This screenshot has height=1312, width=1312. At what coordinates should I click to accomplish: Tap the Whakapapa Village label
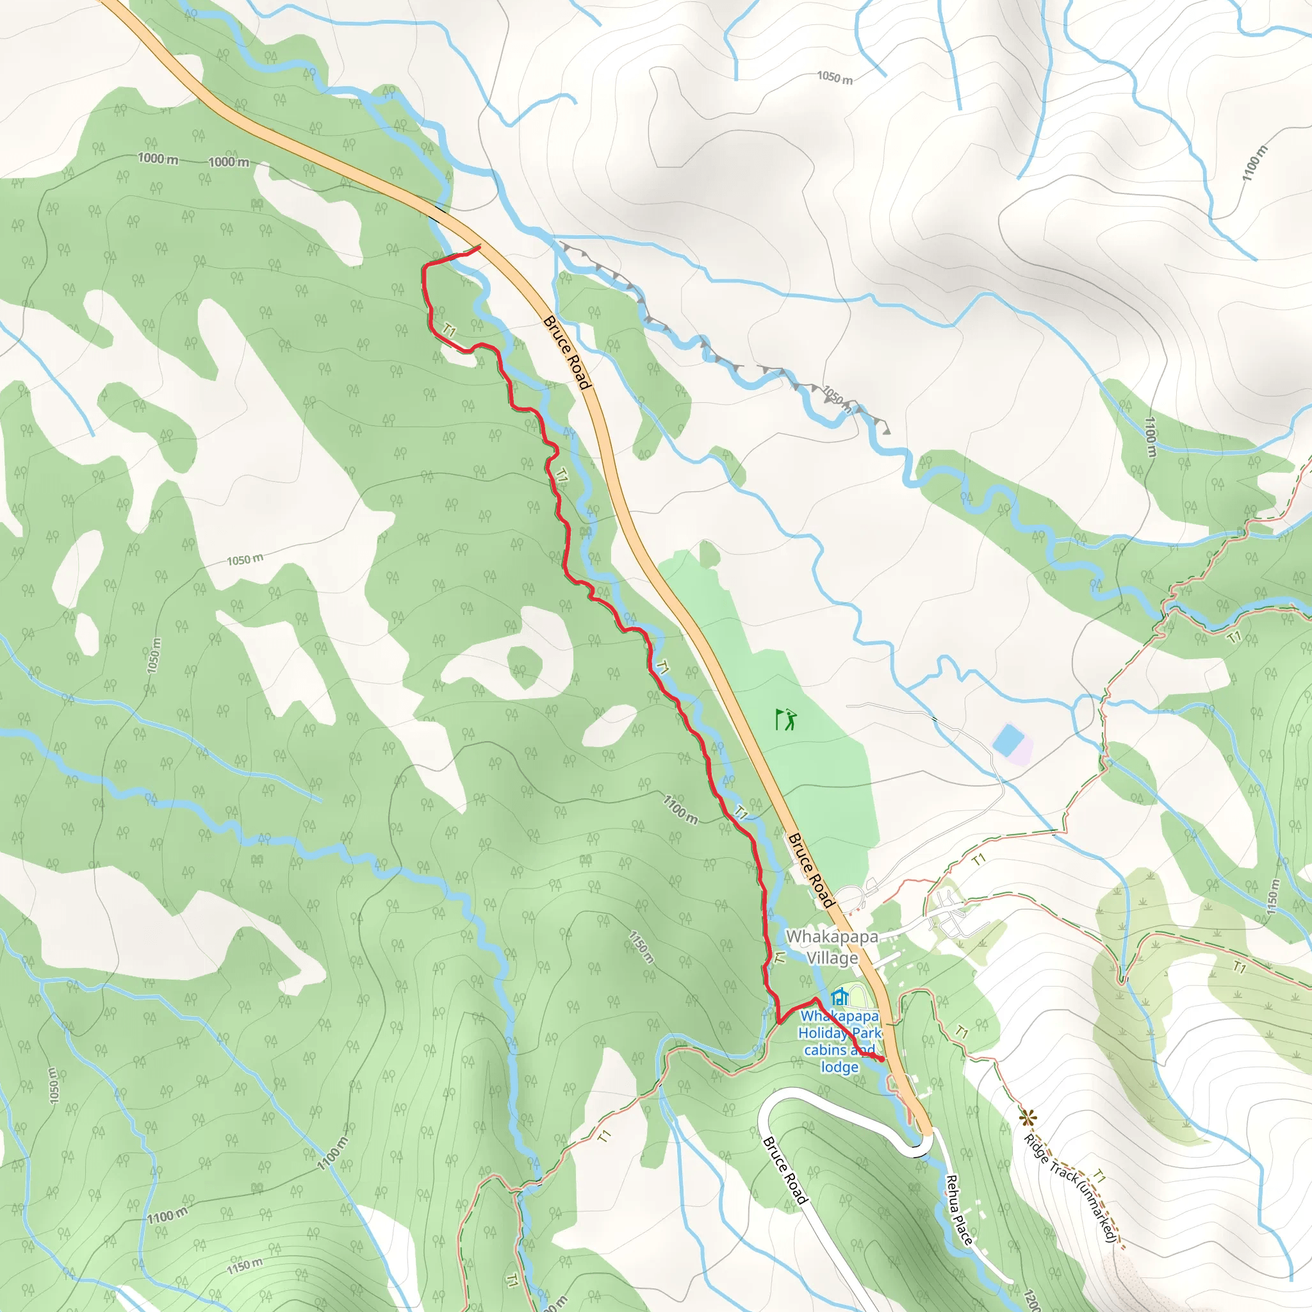click(x=832, y=947)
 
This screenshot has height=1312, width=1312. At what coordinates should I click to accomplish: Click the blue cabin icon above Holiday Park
click(x=840, y=996)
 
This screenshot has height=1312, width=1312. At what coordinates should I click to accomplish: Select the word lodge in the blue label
click(x=839, y=1067)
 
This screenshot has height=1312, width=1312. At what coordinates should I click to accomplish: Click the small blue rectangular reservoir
click(x=1008, y=739)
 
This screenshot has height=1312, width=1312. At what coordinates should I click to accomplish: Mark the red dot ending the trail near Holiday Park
click(x=881, y=1060)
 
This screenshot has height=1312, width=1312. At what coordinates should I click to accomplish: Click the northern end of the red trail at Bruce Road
click(x=479, y=247)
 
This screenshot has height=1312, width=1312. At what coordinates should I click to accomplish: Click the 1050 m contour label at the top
click(x=835, y=78)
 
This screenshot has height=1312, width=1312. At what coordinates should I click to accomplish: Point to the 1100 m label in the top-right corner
click(x=1254, y=163)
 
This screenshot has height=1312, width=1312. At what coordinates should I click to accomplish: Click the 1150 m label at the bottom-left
click(x=245, y=1265)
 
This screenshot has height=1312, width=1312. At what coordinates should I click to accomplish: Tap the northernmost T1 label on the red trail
click(x=448, y=331)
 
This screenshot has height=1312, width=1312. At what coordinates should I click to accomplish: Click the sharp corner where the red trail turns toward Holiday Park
click(x=779, y=1021)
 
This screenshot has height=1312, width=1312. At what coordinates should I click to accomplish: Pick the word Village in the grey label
click(x=832, y=958)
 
